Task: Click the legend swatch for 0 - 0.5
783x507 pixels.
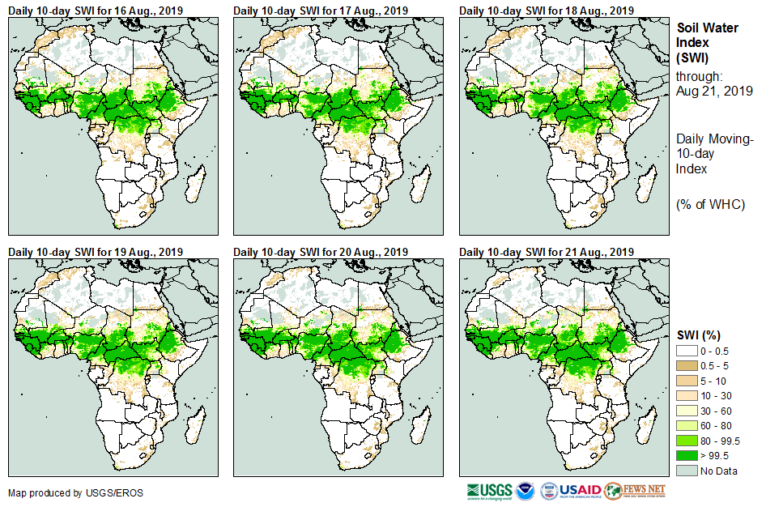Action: pyautogui.click(x=687, y=351)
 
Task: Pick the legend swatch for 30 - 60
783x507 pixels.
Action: pyautogui.click(x=687, y=411)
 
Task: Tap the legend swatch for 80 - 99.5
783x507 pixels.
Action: pyautogui.click(x=687, y=441)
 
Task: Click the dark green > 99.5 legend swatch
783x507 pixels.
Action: pyautogui.click(x=687, y=456)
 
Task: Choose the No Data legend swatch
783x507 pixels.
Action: pyautogui.click(x=687, y=471)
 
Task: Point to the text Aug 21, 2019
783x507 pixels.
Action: pyautogui.click(x=714, y=92)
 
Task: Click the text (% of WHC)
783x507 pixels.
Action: pyautogui.click(x=710, y=203)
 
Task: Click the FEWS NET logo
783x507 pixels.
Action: pyautogui.click(x=634, y=491)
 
